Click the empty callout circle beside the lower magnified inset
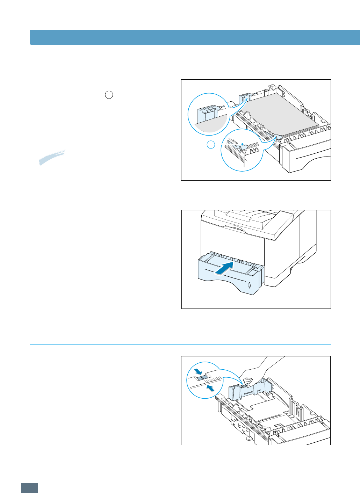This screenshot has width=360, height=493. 211,144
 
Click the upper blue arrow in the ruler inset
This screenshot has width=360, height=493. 199,371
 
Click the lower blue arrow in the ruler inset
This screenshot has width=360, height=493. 210,388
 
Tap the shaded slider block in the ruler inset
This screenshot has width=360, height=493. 202,378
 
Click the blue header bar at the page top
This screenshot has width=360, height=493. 195,37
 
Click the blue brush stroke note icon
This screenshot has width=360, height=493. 51,158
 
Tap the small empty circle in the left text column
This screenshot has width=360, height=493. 109,95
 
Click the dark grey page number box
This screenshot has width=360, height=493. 30,488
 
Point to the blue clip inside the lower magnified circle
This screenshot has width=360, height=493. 245,147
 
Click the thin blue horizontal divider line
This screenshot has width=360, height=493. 180,345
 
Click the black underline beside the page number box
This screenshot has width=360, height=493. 72,491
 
